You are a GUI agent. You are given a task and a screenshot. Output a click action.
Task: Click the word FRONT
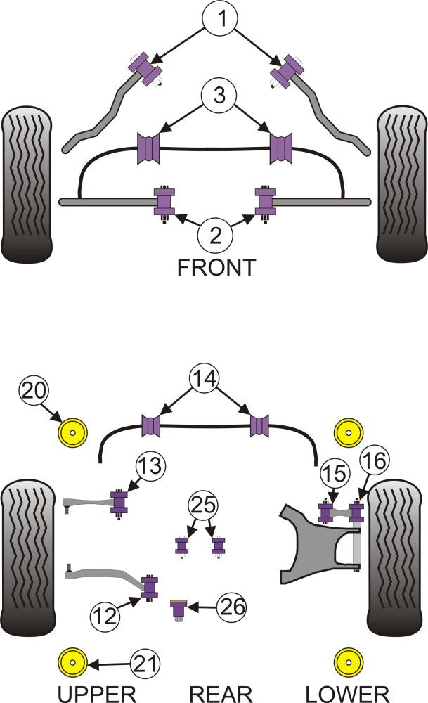point(216,268)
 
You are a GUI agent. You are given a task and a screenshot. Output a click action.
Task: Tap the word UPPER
point(96,692)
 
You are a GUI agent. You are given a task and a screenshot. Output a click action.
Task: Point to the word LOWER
point(347,692)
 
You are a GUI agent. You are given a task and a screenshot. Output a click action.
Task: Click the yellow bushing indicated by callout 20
point(71,432)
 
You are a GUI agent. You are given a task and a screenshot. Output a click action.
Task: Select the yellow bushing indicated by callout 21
point(71,662)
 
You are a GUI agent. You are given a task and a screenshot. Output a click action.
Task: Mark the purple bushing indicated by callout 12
point(149,587)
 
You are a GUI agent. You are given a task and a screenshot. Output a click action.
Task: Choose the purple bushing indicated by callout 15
point(325,511)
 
